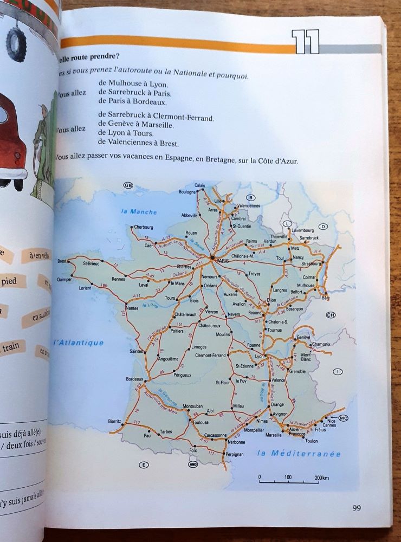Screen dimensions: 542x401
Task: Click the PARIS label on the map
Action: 223,261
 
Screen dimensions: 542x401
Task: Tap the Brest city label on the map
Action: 62,261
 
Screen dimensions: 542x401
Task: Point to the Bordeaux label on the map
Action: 134,379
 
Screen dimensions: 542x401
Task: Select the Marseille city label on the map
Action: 273,435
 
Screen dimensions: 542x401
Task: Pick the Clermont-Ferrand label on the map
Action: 210,355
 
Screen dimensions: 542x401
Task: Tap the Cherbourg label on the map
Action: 143,227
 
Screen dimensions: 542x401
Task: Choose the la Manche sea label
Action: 139,211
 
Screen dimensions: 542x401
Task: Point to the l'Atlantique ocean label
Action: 78,343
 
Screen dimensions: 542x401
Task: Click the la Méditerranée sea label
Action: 299,454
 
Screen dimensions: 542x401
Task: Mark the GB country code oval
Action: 128,185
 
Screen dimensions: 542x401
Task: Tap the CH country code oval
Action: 331,314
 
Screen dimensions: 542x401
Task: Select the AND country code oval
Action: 193,464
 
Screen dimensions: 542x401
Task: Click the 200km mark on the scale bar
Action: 321,478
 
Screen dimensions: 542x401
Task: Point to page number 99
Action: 356,508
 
